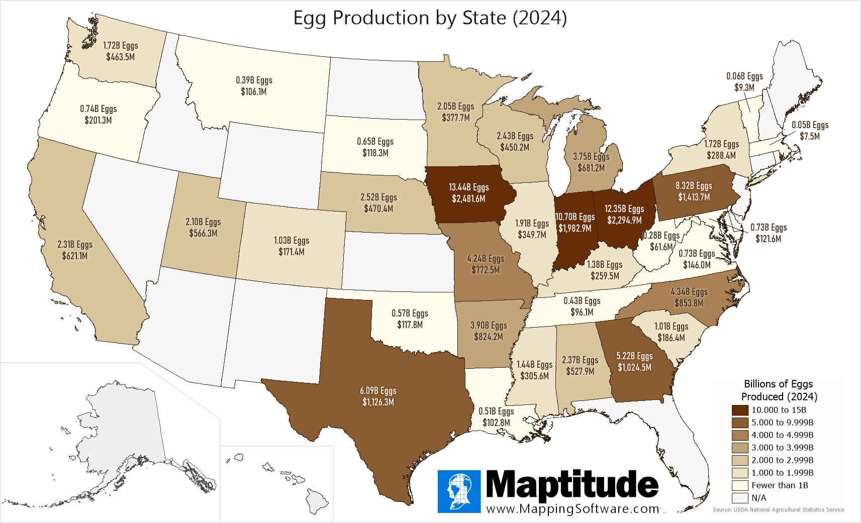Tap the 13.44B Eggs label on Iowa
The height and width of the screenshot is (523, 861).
468,187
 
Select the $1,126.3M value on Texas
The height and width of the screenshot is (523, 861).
378,402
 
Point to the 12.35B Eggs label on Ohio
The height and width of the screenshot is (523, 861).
624,209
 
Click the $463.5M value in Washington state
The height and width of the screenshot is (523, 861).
121,57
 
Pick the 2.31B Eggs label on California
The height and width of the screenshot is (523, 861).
75,245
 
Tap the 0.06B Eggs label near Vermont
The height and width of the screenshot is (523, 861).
744,76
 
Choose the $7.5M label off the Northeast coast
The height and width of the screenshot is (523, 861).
810,137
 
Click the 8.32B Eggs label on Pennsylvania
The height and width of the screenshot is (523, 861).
694,186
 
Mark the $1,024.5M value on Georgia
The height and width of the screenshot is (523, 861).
634,368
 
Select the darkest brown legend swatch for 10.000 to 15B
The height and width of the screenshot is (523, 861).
740,410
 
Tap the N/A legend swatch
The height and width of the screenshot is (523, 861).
740,498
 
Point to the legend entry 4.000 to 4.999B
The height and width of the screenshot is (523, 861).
782,435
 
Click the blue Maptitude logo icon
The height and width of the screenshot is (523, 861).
459,491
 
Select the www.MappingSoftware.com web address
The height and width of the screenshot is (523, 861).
573,509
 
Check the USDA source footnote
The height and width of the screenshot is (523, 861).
778,509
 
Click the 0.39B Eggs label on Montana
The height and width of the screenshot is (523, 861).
254,80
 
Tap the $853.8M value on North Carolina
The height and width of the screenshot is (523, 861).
689,303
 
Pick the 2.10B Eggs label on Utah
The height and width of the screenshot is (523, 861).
203,222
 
